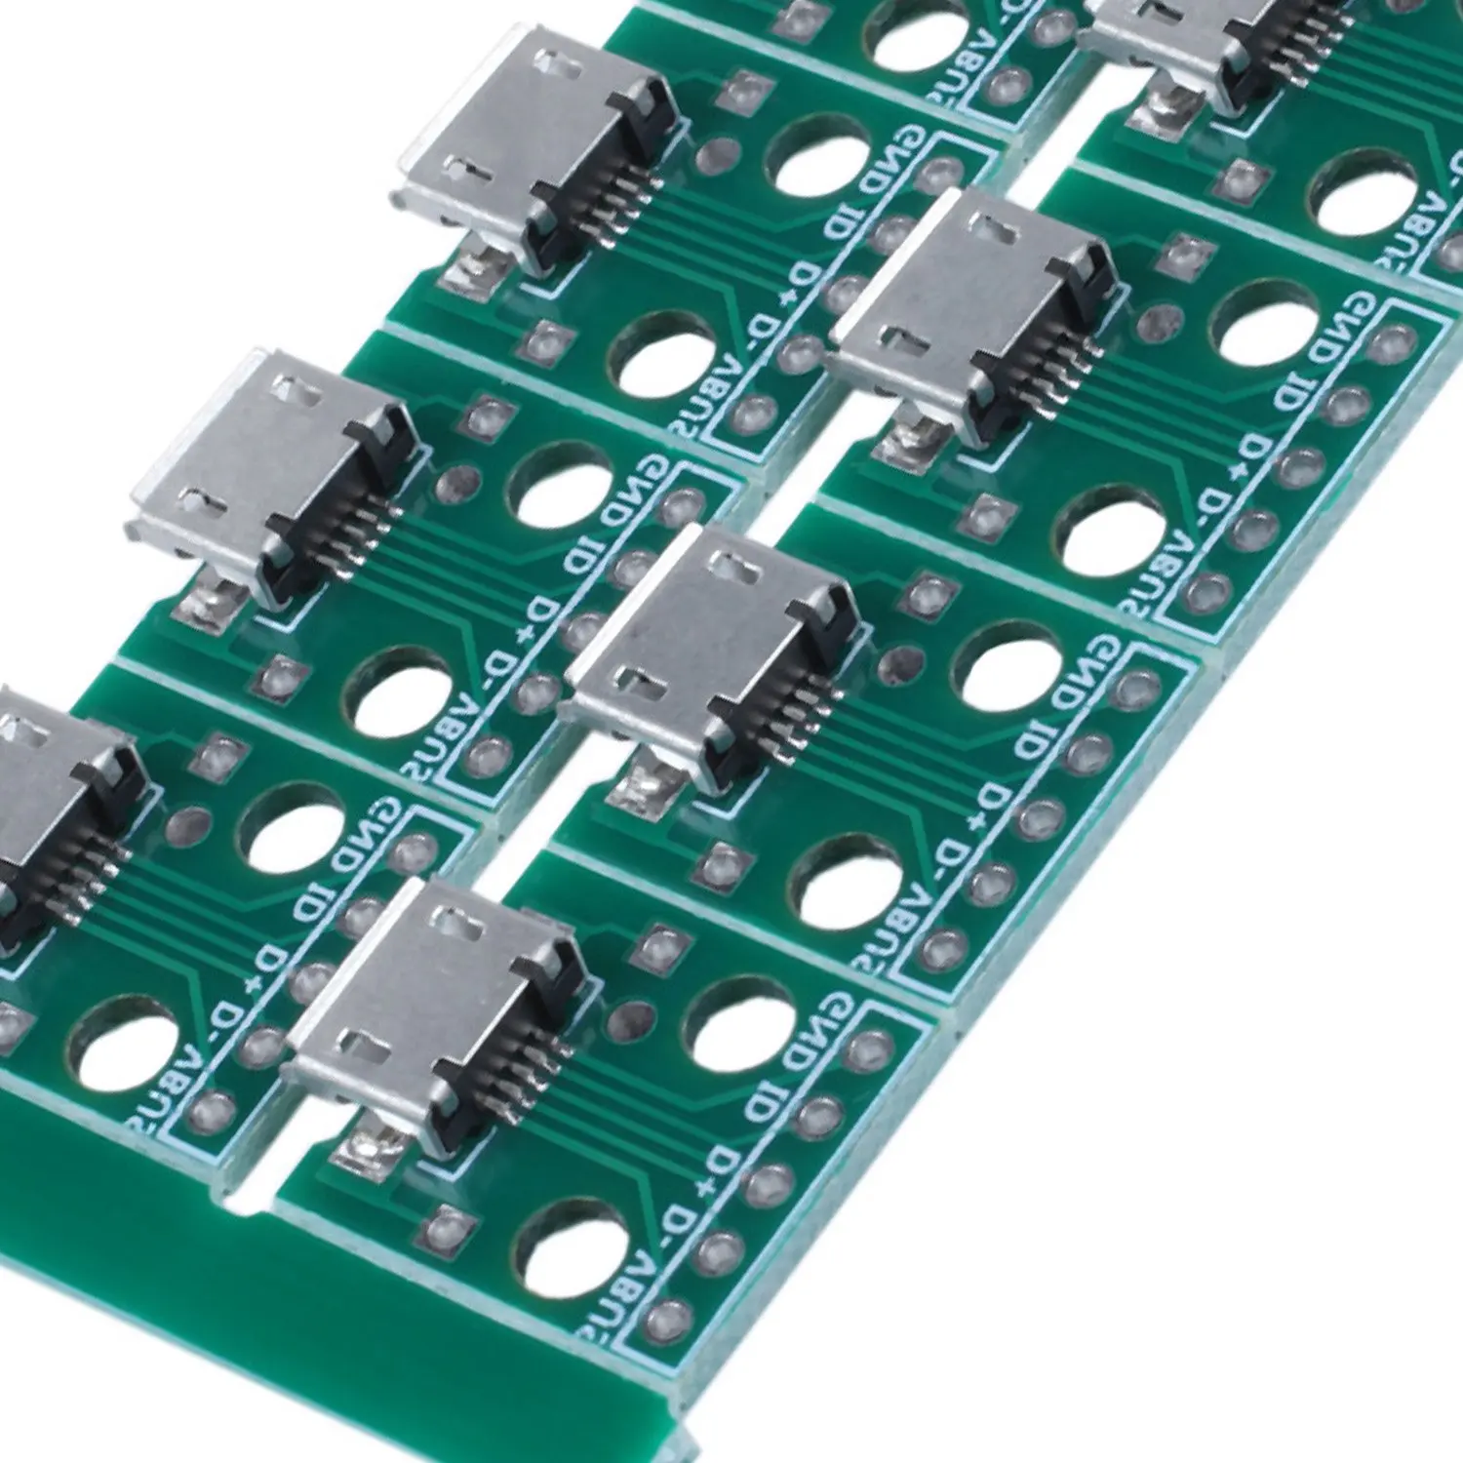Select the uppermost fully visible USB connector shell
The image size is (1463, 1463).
(x=517, y=127)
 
